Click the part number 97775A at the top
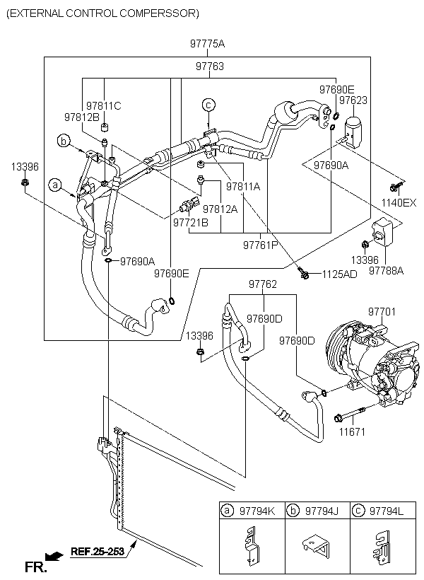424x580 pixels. tap(207, 44)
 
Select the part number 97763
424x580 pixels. tap(210, 66)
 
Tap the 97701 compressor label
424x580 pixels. tap(382, 312)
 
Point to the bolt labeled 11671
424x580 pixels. tap(350, 414)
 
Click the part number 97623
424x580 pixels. tap(353, 100)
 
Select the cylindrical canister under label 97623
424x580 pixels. tap(355, 132)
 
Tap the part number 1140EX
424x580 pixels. tap(399, 203)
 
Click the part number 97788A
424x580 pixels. tap(387, 271)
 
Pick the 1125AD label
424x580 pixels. tap(340, 274)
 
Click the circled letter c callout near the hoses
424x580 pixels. tap(208, 105)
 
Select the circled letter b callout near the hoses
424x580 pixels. tap(64, 141)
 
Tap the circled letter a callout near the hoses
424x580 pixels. tap(54, 185)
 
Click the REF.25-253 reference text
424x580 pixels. tap(98, 551)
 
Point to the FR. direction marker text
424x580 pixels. tap(36, 567)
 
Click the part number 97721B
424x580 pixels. tap(191, 223)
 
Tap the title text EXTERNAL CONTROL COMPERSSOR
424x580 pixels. tap(103, 13)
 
